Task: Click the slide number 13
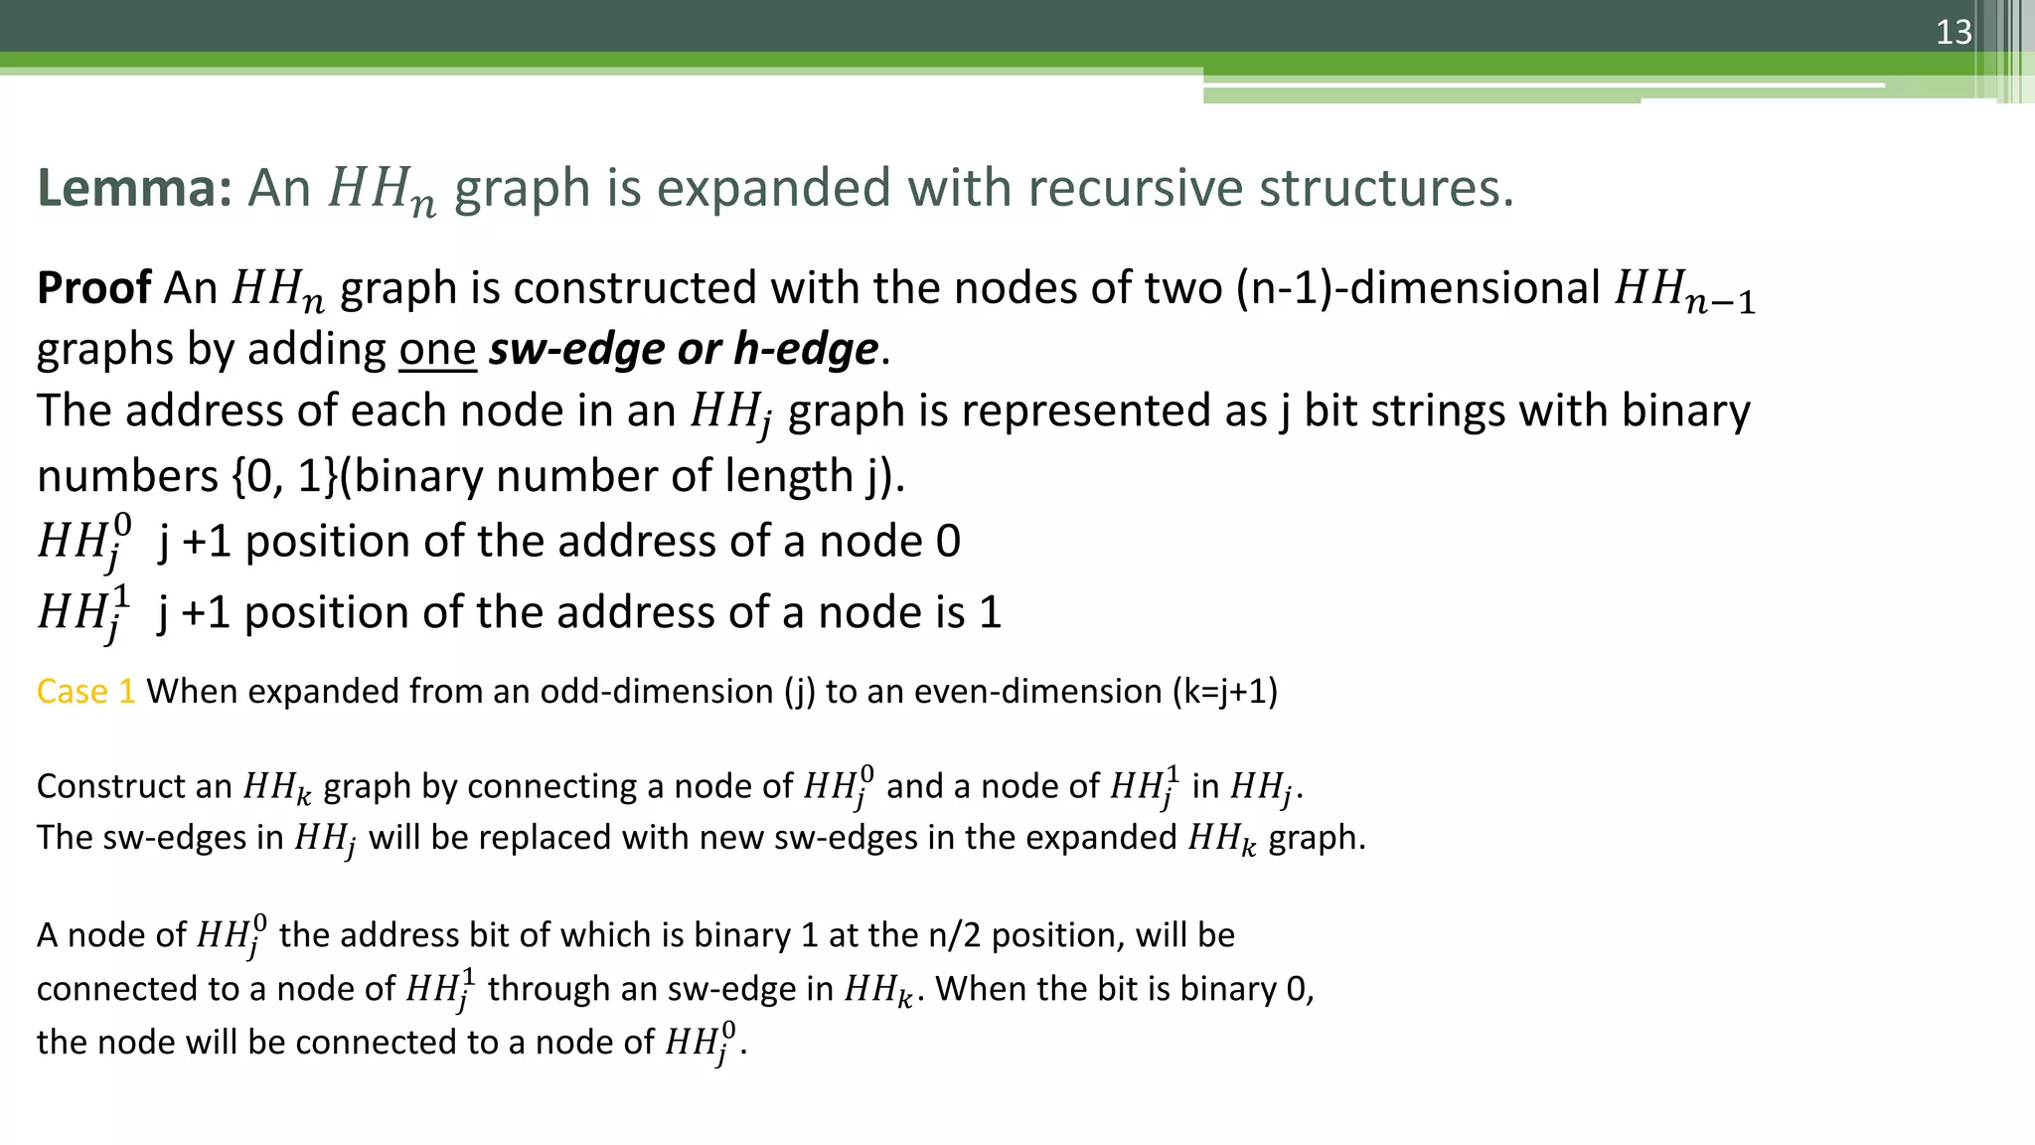[x=1953, y=33]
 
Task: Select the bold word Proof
[x=93, y=288]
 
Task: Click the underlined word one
[x=437, y=350]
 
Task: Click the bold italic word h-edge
[x=806, y=350]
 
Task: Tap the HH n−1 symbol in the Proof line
[x=1684, y=291]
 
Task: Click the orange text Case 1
[x=85, y=692]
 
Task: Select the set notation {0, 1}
[x=285, y=476]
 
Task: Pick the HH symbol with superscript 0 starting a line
[x=83, y=543]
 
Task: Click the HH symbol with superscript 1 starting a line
[x=83, y=613]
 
